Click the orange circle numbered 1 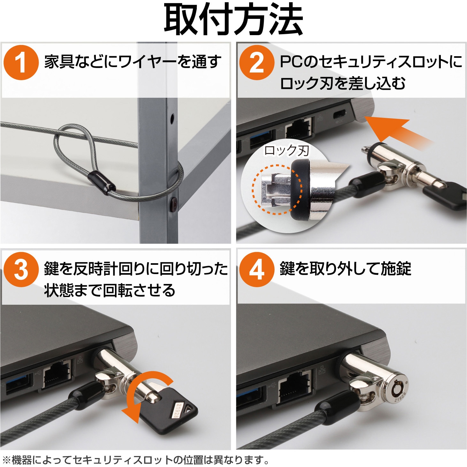coord(21,63)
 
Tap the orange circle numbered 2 coord(256,63)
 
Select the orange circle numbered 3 coord(21,270)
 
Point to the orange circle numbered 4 coord(256,270)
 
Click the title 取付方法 coord(233,20)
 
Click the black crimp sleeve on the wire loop coord(102,183)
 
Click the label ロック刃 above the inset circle coord(287,150)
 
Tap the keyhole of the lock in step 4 coord(397,390)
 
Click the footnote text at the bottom coord(136,459)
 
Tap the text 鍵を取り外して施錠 coord(345,269)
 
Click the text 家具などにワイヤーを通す coord(133,62)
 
